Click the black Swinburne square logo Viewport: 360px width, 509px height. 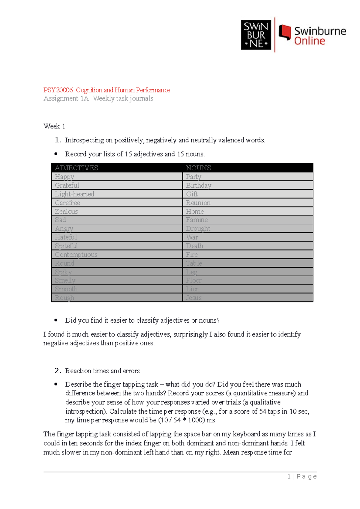pos(256,35)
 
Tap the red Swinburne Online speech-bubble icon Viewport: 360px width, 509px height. pos(285,32)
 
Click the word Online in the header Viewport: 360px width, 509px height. pos(309,41)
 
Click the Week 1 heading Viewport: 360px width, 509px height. pos(54,126)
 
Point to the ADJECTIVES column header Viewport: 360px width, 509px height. pos(76,168)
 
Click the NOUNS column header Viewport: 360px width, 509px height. pos(198,168)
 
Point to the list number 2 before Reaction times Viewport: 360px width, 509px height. pos(58,371)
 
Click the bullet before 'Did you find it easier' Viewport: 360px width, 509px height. pos(56,320)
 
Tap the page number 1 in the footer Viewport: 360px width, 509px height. pos(289,477)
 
